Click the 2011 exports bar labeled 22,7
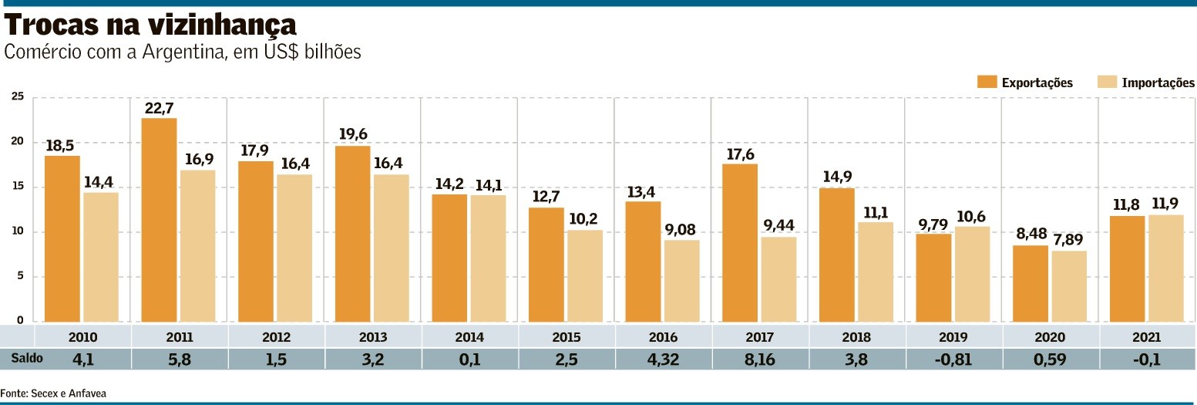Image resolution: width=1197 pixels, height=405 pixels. (x=159, y=220)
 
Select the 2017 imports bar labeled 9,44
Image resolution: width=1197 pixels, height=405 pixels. (x=778, y=279)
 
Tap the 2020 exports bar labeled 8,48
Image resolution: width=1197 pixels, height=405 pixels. (x=1030, y=283)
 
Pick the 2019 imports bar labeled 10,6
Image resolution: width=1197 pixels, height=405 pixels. (x=972, y=274)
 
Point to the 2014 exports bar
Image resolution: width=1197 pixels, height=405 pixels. (x=449, y=258)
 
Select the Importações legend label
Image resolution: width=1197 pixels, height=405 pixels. (x=1158, y=83)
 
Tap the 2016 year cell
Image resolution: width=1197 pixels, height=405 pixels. (x=663, y=337)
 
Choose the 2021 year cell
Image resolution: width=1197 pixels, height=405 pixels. (x=1147, y=337)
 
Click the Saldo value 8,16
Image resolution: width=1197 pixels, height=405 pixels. (x=759, y=359)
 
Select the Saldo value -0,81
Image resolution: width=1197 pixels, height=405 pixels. (x=953, y=359)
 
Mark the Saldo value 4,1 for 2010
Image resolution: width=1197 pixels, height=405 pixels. (x=83, y=359)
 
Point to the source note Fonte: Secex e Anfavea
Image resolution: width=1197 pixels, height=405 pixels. (x=53, y=393)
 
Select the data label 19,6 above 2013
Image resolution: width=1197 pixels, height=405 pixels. (x=353, y=134)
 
